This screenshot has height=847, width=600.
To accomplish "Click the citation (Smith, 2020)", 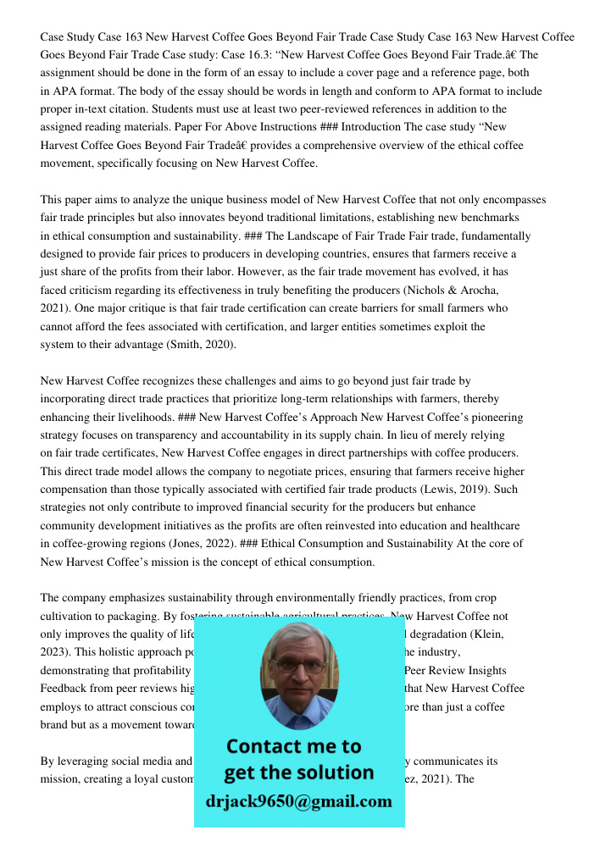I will (x=197, y=345).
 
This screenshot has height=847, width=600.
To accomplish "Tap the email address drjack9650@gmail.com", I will (x=298, y=800).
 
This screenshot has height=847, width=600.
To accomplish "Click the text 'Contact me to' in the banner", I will (x=293, y=746).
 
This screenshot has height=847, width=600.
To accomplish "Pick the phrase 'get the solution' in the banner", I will (x=298, y=772).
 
